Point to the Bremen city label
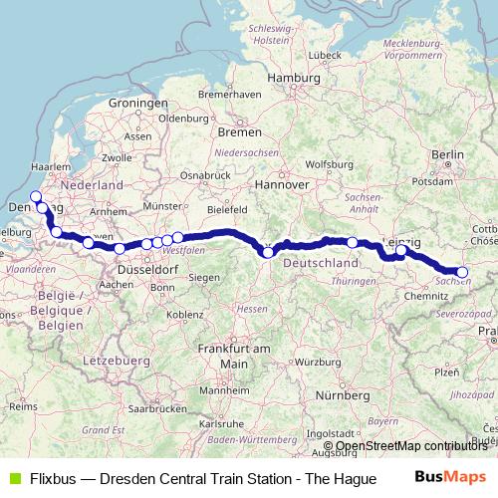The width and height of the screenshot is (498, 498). pyautogui.click(x=239, y=130)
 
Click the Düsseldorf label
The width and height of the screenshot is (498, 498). pyautogui.click(x=147, y=270)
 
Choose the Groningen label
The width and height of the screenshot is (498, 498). pyautogui.click(x=137, y=103)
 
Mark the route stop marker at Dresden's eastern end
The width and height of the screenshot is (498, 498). pyautogui.click(x=462, y=272)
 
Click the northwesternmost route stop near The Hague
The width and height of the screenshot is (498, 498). pyautogui.click(x=36, y=196)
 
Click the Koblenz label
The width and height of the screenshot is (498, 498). pyautogui.click(x=185, y=315)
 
